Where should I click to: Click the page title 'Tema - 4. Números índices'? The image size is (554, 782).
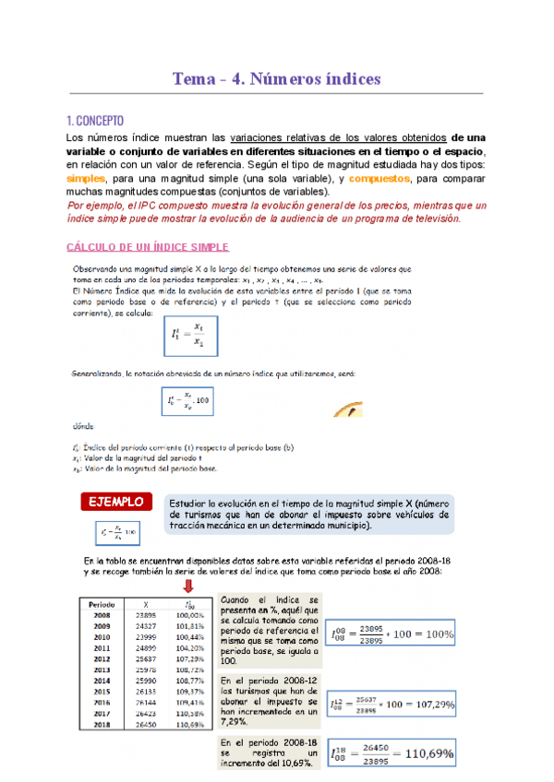point(277,78)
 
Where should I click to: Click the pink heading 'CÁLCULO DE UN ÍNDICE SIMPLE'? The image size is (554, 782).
point(149,247)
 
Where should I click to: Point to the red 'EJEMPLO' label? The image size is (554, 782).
point(115,503)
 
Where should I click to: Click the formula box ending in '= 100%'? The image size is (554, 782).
point(391,634)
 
